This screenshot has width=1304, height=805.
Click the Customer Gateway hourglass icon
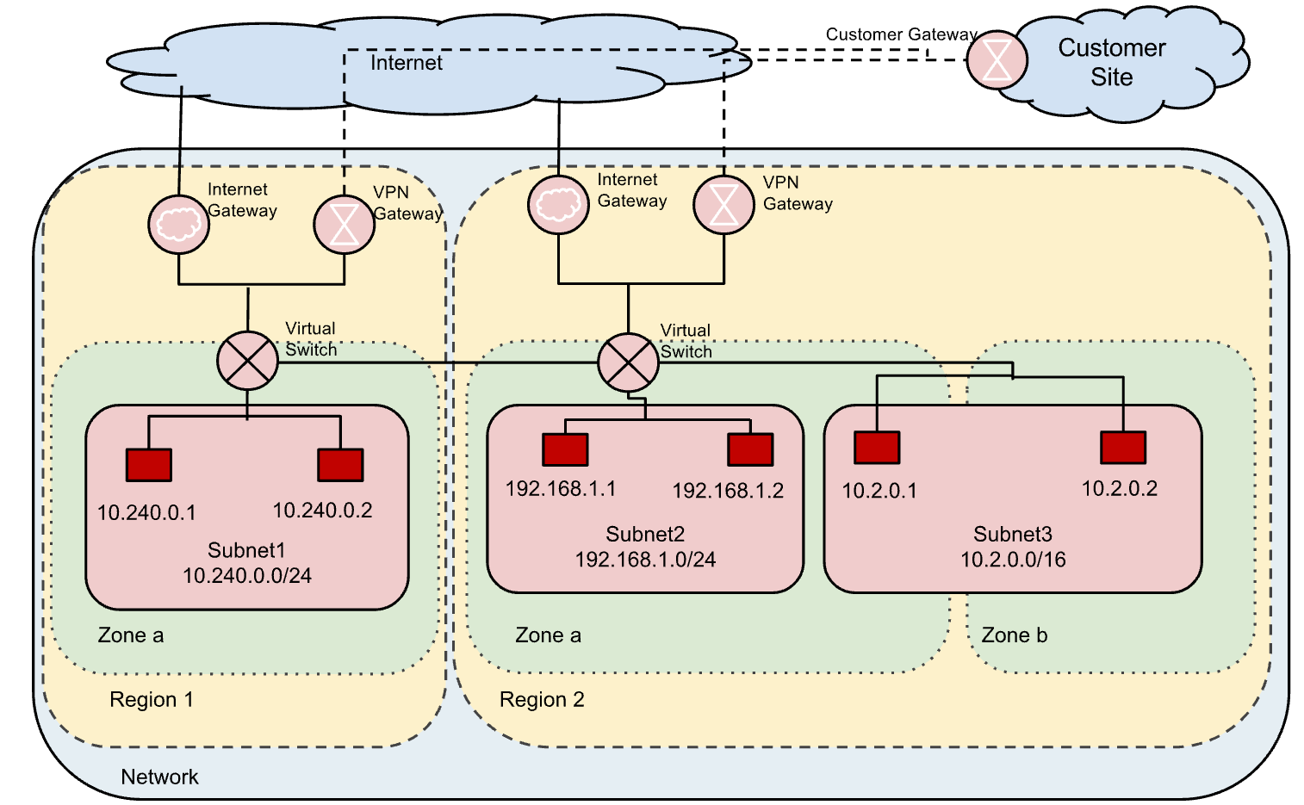point(997,60)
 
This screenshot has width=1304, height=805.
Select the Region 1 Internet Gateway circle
point(178,225)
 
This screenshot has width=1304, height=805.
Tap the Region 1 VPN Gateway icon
point(344,225)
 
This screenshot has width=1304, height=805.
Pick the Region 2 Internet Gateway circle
point(558,205)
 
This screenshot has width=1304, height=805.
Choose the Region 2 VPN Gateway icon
point(723,205)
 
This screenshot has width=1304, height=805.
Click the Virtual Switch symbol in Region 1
point(247,362)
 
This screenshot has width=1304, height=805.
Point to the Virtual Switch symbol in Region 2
point(628,362)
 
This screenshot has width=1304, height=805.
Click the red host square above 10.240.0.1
point(148,465)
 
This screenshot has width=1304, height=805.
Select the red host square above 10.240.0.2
point(340,465)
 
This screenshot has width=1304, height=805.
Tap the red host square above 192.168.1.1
point(565,449)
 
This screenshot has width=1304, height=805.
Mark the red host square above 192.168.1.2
point(750,449)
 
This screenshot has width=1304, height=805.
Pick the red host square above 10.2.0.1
point(877,448)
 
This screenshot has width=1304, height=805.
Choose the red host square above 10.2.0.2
point(1123,448)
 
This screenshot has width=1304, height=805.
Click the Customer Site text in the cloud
point(1111,62)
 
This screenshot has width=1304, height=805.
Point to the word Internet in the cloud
point(406,63)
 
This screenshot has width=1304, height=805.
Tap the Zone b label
point(1014,635)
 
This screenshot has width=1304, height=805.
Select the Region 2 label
point(542,699)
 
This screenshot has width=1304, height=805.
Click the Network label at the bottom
point(159,777)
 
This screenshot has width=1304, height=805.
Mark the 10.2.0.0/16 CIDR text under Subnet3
point(1013,560)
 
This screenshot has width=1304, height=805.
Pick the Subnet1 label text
point(246,550)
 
